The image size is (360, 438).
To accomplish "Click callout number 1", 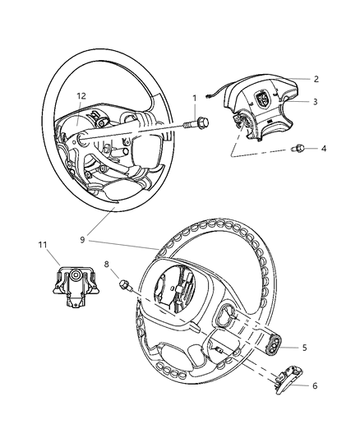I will (194, 99).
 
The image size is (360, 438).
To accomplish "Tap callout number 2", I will (315, 79).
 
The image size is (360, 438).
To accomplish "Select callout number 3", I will (315, 102).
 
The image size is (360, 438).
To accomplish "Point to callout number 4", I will (323, 149).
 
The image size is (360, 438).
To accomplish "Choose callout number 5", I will (304, 348).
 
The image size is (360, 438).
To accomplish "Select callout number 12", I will (81, 95).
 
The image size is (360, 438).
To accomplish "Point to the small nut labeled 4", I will (301, 149).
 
